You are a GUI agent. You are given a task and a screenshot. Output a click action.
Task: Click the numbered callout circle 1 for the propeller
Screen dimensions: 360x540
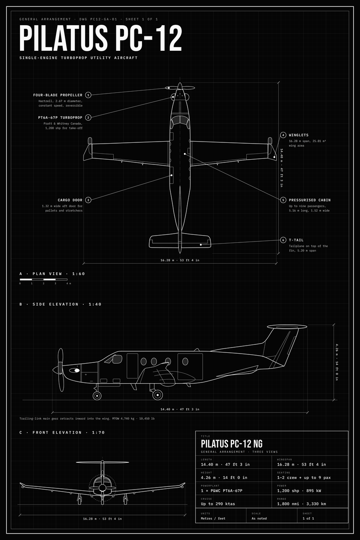tap(88, 95)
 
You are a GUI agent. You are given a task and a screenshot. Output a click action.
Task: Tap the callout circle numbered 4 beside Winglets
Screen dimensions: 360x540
tap(283, 135)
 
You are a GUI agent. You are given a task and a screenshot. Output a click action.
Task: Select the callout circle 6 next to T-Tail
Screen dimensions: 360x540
tap(283, 240)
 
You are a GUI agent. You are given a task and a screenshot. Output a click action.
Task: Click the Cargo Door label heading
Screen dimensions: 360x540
tap(70, 200)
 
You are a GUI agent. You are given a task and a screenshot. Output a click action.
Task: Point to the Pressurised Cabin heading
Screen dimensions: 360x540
tap(310, 200)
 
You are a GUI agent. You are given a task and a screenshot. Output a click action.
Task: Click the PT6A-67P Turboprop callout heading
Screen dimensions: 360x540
tap(60, 118)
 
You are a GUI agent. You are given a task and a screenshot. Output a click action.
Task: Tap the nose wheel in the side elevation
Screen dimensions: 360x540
tap(97, 396)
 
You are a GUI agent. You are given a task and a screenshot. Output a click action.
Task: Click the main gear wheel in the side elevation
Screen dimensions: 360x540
tap(158, 395)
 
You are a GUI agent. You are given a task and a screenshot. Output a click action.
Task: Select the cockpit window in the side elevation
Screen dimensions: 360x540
tap(117, 359)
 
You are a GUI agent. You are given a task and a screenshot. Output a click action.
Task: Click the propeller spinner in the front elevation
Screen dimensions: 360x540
tap(102, 488)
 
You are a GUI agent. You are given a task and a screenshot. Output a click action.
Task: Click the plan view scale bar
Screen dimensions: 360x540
tap(44, 280)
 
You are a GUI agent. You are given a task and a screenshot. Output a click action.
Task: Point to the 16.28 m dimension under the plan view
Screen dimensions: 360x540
tap(180, 260)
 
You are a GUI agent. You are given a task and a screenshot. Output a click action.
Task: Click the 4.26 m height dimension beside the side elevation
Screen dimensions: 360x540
tap(337, 362)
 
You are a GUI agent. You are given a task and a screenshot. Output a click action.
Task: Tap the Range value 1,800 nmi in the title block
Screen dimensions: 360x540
tap(302, 504)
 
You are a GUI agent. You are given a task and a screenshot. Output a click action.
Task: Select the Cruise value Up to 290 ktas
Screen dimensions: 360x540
tap(218, 504)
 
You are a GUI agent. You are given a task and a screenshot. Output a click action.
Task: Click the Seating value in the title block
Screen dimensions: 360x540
tap(304, 478)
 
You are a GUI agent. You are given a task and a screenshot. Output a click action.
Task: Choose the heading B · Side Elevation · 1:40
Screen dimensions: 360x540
tap(60, 304)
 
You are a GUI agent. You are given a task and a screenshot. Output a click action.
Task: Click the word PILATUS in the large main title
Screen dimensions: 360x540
tap(63, 38)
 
